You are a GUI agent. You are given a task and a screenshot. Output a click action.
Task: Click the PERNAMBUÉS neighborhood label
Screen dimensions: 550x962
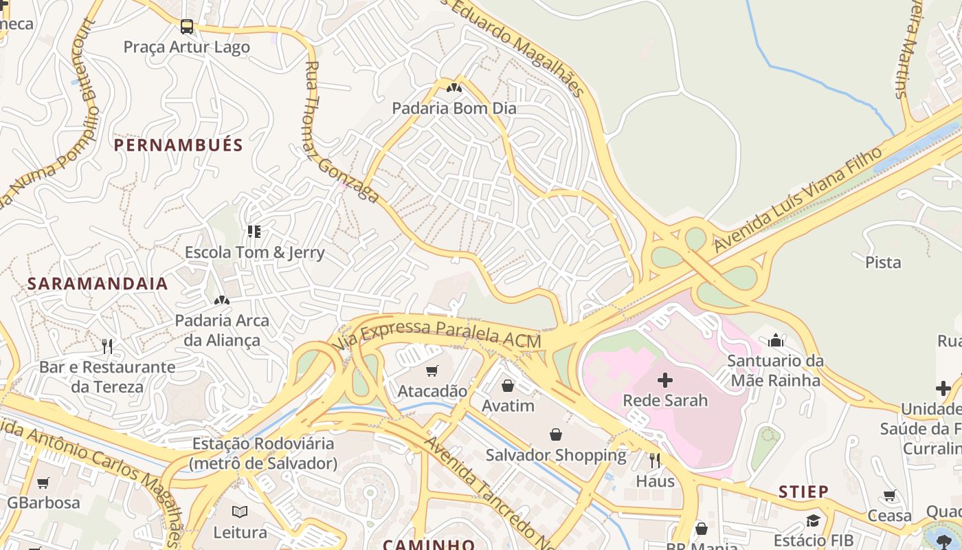[x=178, y=145]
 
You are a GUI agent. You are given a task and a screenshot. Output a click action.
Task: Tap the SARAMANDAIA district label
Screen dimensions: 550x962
[x=98, y=284]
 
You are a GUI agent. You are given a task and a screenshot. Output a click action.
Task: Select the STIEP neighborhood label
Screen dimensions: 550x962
[x=803, y=492]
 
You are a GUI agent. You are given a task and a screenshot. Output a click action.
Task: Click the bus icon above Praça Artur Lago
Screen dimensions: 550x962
[x=186, y=27]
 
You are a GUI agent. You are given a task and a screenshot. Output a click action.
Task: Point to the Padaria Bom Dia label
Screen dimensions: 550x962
[x=454, y=108]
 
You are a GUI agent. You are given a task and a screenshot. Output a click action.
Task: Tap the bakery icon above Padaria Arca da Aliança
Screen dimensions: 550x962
[x=221, y=300]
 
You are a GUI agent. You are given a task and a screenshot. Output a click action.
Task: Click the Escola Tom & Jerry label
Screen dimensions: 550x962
[x=254, y=252]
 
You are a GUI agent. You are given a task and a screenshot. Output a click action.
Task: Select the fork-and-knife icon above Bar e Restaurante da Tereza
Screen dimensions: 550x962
[x=107, y=346]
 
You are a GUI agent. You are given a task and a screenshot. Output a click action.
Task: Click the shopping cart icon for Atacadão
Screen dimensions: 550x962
[x=432, y=371]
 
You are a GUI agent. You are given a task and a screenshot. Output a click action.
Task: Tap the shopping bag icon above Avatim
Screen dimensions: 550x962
[x=508, y=386]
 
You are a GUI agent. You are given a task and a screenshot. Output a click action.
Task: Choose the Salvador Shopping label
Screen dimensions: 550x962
[x=556, y=455]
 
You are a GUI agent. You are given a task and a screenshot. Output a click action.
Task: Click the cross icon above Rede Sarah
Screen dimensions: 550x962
[x=664, y=379]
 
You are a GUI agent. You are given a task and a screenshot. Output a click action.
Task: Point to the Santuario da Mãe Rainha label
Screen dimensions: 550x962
[x=775, y=371]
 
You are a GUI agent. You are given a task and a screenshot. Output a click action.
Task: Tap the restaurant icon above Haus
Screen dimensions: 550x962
[x=655, y=461]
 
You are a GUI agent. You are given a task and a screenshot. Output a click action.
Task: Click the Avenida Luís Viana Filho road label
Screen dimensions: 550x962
[x=797, y=199]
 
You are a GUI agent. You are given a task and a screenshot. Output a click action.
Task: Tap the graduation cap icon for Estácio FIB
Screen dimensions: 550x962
[x=813, y=520]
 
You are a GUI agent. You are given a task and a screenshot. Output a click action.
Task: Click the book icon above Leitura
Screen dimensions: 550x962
[x=240, y=512]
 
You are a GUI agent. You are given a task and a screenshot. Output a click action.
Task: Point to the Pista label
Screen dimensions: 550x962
[x=883, y=262]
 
